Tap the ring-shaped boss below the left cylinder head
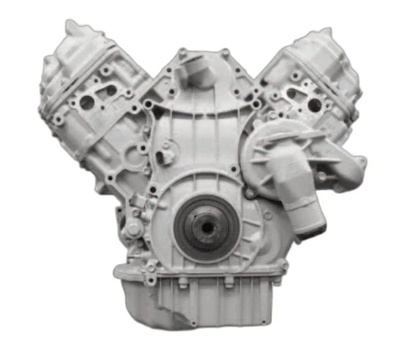[142, 149]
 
